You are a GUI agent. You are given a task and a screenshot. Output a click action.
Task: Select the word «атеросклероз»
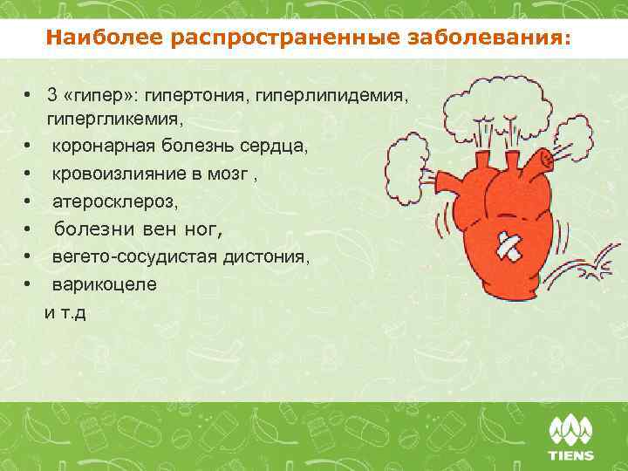[x=113, y=201]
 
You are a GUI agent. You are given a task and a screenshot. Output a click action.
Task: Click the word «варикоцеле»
[x=104, y=284]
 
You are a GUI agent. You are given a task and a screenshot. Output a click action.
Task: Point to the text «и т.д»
[x=65, y=311]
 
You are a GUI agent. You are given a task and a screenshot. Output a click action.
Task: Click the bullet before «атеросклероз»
[x=28, y=201]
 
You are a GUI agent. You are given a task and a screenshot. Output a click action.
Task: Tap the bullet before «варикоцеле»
[x=28, y=284]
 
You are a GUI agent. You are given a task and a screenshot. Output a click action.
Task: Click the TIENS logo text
[x=570, y=455]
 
